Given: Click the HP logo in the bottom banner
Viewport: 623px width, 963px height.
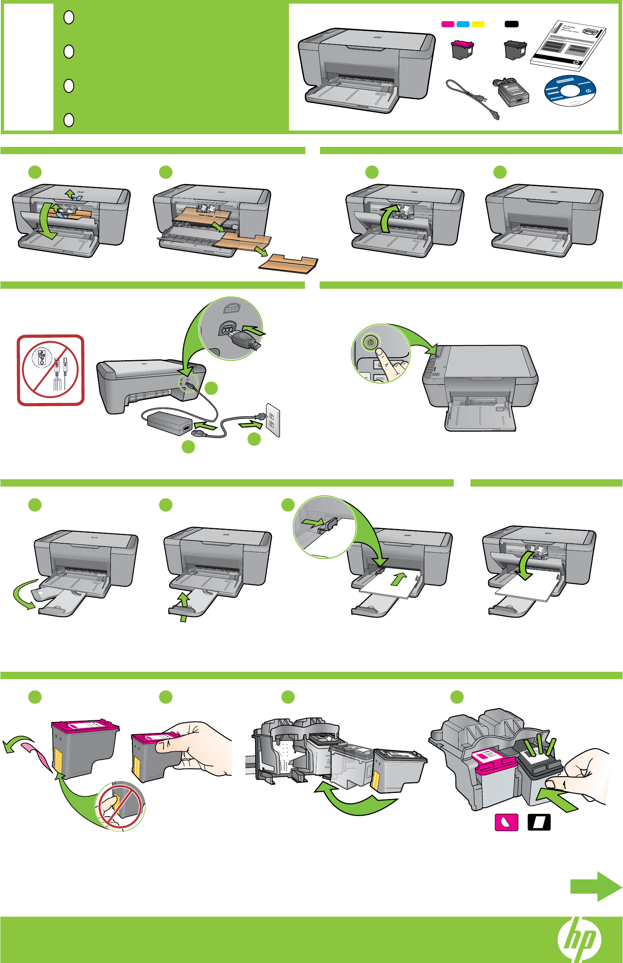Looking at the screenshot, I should tap(579, 939).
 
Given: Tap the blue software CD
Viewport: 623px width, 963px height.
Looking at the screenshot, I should tap(570, 91).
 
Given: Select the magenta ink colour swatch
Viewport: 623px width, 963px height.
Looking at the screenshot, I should tap(448, 24).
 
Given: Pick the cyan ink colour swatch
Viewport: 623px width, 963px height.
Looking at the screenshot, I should tap(463, 24).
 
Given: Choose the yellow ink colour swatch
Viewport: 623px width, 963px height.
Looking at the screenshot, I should tap(478, 24).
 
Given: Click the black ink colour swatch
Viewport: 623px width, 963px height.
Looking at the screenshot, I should tap(511, 24).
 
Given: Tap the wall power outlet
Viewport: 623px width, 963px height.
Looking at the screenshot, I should tap(272, 420).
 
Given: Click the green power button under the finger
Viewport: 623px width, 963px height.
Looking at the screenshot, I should tap(371, 342).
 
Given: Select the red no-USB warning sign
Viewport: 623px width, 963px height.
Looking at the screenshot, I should tap(51, 370).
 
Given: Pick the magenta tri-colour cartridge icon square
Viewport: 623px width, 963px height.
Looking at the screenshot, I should tap(506, 822).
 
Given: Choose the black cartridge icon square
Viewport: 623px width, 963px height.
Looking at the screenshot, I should tap(539, 822).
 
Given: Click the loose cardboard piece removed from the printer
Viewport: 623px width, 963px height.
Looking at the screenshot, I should tap(289, 263).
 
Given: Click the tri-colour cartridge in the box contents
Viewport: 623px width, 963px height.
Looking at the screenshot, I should tap(462, 49).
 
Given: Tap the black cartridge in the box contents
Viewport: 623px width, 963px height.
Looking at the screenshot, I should tap(515, 49).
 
